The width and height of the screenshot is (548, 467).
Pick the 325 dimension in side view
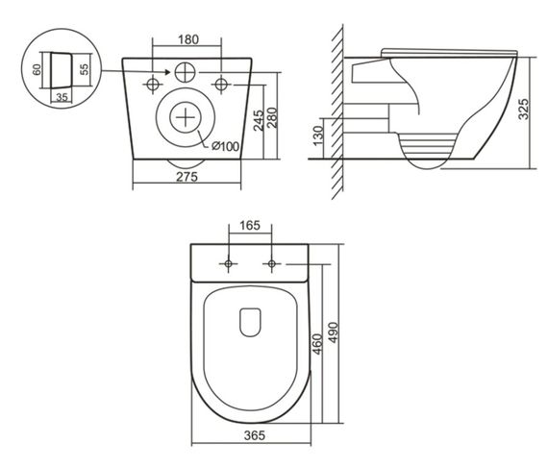pos(524,107)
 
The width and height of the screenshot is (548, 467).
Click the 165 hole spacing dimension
pos(249,227)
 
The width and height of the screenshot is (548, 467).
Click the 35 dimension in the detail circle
pos(62,96)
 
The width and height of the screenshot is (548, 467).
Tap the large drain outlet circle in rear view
pos(187,119)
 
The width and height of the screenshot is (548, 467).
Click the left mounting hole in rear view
pos(151,84)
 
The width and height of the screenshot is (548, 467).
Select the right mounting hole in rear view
pos(222,84)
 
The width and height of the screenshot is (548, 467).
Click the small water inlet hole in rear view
pos(186,71)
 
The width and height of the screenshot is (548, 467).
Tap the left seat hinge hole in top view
pos(228,263)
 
